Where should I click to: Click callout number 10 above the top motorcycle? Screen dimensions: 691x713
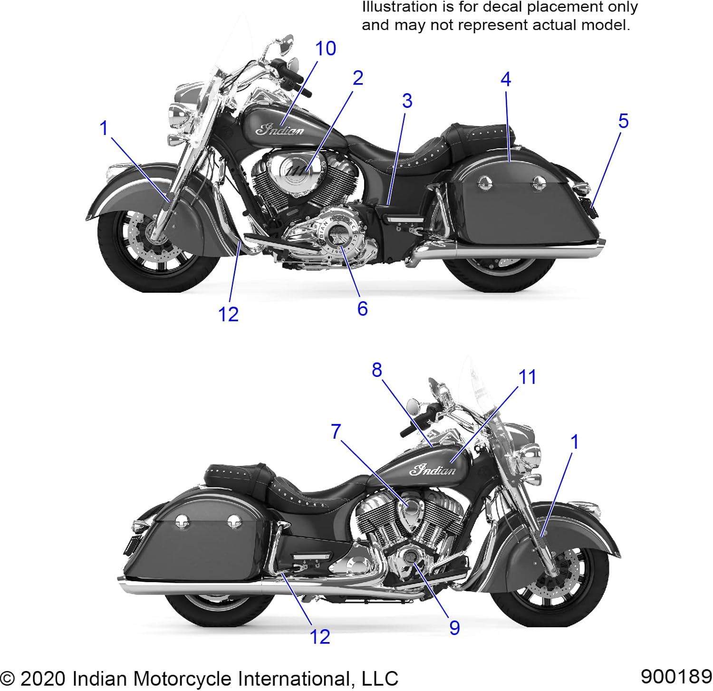pyautogui.click(x=326, y=48)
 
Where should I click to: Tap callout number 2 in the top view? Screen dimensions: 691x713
pyautogui.click(x=358, y=78)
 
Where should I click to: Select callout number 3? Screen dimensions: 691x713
pyautogui.click(x=407, y=101)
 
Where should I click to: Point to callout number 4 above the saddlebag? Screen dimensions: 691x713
pyautogui.click(x=506, y=79)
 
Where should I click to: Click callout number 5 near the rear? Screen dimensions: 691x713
pyautogui.click(x=623, y=121)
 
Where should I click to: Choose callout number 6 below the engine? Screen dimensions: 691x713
pyautogui.click(x=362, y=309)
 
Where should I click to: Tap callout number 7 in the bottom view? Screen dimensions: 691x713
pyautogui.click(x=336, y=432)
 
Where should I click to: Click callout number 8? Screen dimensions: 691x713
pyautogui.click(x=376, y=370)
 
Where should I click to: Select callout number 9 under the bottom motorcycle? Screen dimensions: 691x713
pyautogui.click(x=454, y=628)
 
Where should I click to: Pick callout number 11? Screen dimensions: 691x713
pyautogui.click(x=527, y=377)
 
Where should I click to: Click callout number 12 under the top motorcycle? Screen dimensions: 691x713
pyautogui.click(x=228, y=314)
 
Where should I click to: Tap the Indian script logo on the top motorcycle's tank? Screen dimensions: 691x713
pyautogui.click(x=280, y=129)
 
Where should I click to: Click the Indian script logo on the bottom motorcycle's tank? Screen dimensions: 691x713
pyautogui.click(x=433, y=470)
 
